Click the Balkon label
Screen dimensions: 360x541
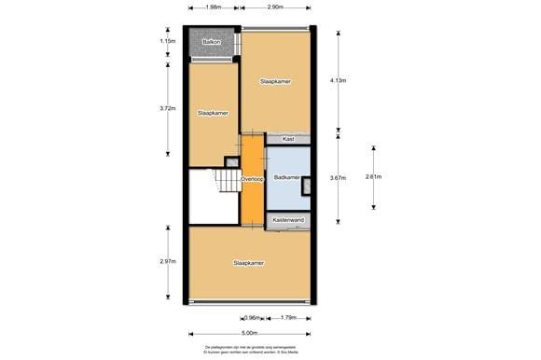[210, 42]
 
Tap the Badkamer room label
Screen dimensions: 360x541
[286, 177]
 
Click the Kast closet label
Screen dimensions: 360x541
[288, 139]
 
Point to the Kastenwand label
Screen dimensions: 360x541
[288, 220]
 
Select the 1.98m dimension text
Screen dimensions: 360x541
[215, 7]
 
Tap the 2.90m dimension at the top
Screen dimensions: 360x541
[275, 7]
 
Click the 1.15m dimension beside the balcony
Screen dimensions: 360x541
[167, 41]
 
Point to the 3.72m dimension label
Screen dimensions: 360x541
[167, 108]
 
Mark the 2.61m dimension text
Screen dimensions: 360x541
[372, 177]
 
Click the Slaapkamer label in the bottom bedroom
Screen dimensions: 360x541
[248, 263]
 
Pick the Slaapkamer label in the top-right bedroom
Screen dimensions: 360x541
[275, 82]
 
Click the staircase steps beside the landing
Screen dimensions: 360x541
[228, 180]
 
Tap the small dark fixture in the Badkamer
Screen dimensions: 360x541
[307, 185]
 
